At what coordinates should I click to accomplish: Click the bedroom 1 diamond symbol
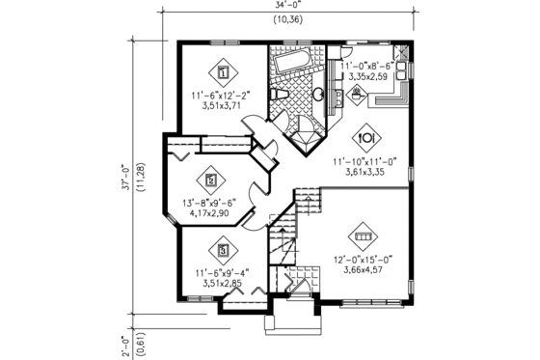coord(223,70)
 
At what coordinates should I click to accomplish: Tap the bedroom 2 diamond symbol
coord(209,178)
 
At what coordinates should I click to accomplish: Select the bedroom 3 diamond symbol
coord(224,251)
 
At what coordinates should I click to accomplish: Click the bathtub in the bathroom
coord(289,65)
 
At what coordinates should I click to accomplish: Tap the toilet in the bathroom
coord(281,94)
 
